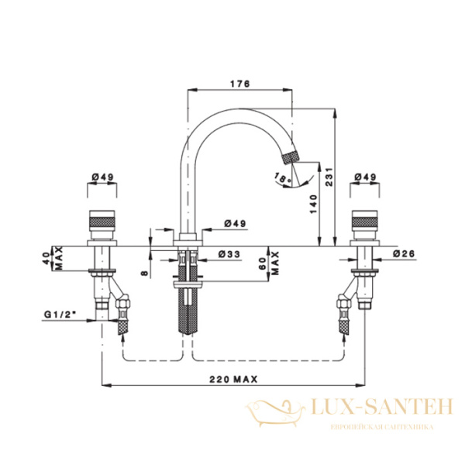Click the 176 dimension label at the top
tap(240, 84)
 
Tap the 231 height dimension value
tap(329, 177)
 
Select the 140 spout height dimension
tap(313, 205)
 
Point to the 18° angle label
tap(283, 177)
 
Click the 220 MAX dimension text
tap(234, 379)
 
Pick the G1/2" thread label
tap(60, 315)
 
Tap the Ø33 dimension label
tap(229, 254)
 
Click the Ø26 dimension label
tap(404, 253)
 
